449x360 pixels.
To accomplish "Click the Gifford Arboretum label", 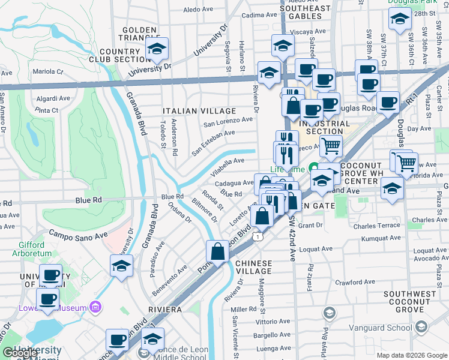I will click(x=28, y=249).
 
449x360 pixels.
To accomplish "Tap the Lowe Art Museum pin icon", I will click(x=94, y=308).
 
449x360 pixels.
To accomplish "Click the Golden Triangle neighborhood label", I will click(x=139, y=34).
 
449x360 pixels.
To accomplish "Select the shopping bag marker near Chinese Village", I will click(x=218, y=251).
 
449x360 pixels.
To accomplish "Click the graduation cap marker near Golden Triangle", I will click(x=157, y=49).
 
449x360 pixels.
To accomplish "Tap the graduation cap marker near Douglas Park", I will click(x=400, y=20).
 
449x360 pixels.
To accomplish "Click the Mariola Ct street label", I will click(x=48, y=71).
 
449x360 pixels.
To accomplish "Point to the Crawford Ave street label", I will click(x=355, y=281).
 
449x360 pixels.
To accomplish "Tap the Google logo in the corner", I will click(x=20, y=353).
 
